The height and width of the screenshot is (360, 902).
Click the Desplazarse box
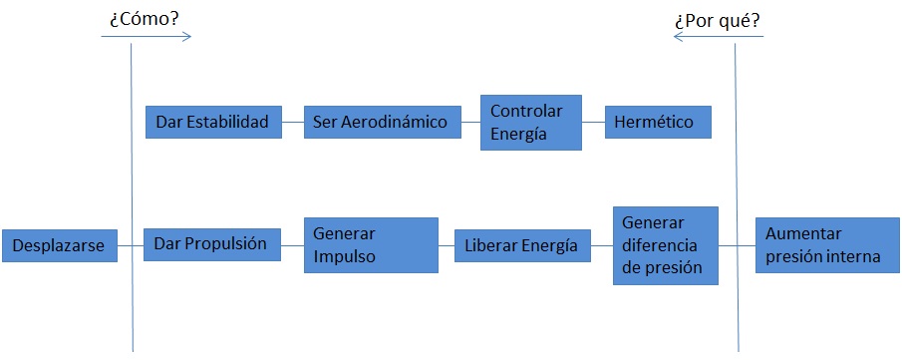click(x=59, y=245)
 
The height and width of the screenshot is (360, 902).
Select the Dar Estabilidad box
click(x=212, y=123)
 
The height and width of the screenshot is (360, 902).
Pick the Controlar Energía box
click(x=530, y=123)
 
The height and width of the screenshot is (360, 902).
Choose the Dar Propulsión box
click(x=211, y=244)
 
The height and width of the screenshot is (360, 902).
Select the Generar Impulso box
click(x=371, y=244)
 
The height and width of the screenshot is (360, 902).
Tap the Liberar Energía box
click(x=521, y=245)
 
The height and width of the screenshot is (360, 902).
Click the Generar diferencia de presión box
click(x=665, y=244)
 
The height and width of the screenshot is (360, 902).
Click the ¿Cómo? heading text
click(x=144, y=18)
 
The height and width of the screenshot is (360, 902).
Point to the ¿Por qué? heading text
click(x=717, y=18)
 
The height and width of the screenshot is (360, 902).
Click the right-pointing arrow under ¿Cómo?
click(x=146, y=37)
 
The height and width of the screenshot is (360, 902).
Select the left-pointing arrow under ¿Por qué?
click(x=718, y=37)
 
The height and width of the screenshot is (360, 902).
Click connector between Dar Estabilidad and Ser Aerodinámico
click(x=292, y=123)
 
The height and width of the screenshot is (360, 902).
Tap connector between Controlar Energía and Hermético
click(x=594, y=123)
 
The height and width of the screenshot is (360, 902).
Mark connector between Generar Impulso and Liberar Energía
click(x=447, y=244)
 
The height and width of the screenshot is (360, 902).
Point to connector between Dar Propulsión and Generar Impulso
click(x=291, y=244)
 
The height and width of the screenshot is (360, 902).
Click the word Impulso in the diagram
click(x=344, y=254)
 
